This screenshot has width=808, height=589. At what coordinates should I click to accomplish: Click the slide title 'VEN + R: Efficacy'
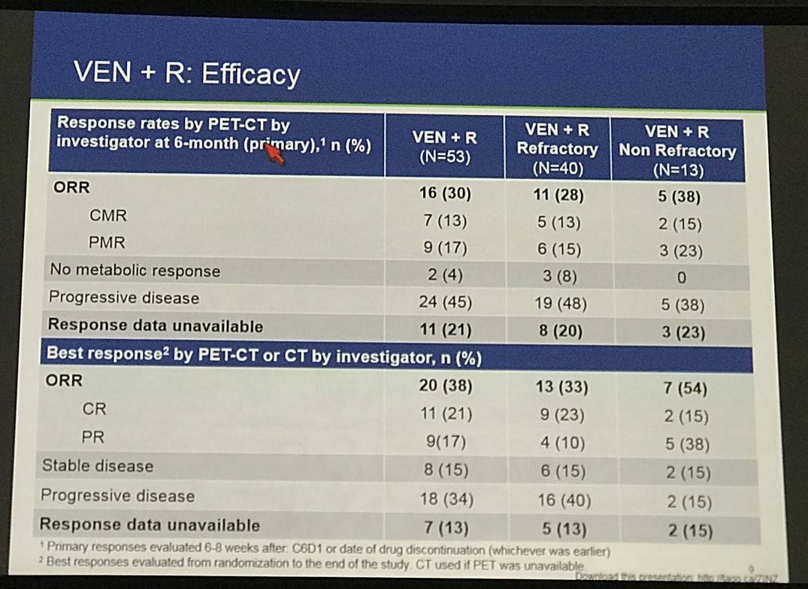point(186,74)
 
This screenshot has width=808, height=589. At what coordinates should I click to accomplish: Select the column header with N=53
point(444,147)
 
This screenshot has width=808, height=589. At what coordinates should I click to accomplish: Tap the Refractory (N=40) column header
point(557,149)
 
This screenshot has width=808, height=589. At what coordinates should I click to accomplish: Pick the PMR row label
point(107,243)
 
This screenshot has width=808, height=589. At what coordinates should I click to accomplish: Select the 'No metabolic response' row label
point(135,271)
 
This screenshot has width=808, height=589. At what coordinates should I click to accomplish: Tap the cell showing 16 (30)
point(445,194)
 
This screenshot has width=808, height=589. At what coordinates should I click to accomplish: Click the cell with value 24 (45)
point(444,302)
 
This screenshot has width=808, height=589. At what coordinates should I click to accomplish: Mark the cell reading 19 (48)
point(558,304)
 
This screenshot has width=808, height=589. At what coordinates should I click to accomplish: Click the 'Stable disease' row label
point(97,466)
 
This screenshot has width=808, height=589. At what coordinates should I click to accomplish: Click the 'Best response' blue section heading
point(264,356)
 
